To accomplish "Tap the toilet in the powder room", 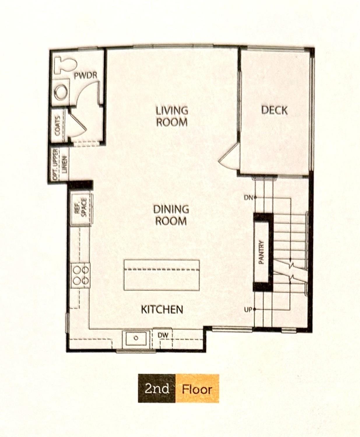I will tap(66, 65).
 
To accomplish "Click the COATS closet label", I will tap(57, 126).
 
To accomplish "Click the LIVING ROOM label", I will tap(172, 116).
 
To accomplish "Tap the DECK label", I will tap(274, 110).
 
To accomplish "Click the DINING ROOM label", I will tap(171, 215).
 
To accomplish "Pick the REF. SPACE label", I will tap(80, 207).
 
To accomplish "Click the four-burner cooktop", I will tap(81, 275).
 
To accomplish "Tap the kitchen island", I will tap(161, 275).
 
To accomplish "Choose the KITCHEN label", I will tap(162, 309).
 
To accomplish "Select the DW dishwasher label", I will tap(163, 335).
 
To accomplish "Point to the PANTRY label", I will tap(261, 252).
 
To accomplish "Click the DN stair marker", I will tap(248, 198).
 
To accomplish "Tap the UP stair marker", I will tap(248, 310).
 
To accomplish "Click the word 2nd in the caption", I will tap(157, 389).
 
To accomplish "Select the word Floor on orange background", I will tap(197, 389).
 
